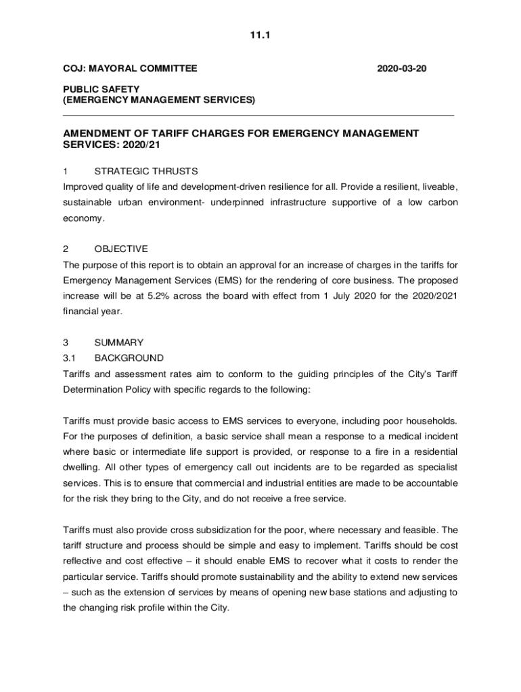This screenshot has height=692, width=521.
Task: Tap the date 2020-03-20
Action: tap(402, 68)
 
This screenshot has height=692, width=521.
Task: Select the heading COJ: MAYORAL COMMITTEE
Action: tap(131, 68)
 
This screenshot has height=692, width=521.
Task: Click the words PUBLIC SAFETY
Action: tap(101, 89)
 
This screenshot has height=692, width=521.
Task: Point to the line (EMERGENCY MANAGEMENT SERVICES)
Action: tap(160, 100)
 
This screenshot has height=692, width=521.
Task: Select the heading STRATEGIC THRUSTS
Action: tap(146, 171)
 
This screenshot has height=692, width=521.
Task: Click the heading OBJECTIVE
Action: tap(121, 249)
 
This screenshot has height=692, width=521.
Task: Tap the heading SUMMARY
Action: tap(119, 343)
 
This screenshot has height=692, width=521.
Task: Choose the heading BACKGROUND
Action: tap(129, 357)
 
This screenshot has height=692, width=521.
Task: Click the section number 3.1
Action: tap(71, 357)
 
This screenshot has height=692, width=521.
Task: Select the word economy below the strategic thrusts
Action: tap(84, 218)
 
